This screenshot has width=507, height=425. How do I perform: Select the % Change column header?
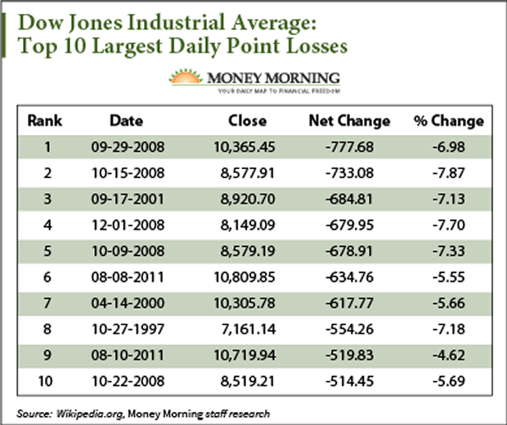click(449, 121)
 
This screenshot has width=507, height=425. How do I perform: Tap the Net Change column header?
click(349, 121)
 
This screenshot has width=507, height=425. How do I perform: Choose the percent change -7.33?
click(449, 250)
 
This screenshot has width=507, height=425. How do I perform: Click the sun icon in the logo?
click(186, 78)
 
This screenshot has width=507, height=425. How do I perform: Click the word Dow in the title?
click(42, 18)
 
